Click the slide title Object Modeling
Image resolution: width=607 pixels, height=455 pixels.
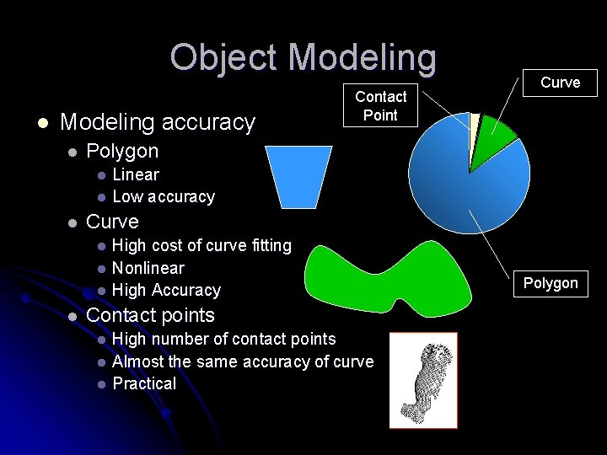(x=303, y=57)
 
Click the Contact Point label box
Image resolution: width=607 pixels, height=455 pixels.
(x=380, y=106)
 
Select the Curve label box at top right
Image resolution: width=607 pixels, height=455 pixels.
(x=560, y=83)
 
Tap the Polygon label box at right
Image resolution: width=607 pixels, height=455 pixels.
(x=551, y=283)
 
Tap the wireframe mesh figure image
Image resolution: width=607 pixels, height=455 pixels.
(x=422, y=379)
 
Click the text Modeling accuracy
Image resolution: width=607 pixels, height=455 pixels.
(x=158, y=123)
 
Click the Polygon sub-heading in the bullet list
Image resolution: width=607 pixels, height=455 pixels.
(x=122, y=152)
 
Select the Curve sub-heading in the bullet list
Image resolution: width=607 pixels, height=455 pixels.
(x=112, y=222)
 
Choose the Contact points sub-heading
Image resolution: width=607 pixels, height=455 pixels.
(x=150, y=315)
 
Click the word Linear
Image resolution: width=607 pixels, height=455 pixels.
(x=135, y=174)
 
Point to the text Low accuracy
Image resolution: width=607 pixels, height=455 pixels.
(x=163, y=197)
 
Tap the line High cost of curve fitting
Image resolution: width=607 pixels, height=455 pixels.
(x=201, y=245)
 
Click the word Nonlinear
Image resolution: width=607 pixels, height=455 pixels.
(x=148, y=268)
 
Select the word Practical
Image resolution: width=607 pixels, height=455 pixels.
(x=144, y=383)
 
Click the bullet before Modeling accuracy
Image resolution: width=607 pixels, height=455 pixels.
(x=40, y=124)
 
